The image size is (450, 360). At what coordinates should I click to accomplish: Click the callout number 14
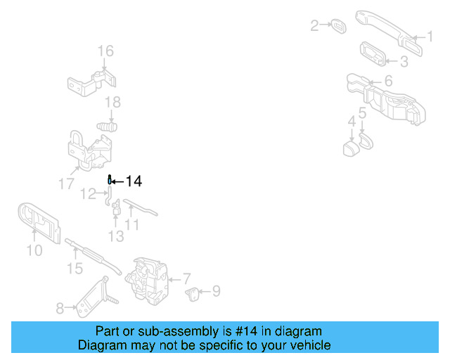(x=134, y=181)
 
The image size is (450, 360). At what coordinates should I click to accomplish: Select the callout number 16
(x=105, y=51)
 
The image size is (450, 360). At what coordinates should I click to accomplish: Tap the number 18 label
(x=112, y=103)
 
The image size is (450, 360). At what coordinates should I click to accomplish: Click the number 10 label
(x=34, y=250)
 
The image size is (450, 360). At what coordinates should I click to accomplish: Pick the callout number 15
(x=75, y=268)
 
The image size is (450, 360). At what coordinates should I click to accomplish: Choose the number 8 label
(x=60, y=307)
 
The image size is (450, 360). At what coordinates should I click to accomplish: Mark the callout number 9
(x=216, y=290)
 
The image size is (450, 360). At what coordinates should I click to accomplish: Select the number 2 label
(x=314, y=26)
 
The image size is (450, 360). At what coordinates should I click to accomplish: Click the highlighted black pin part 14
(x=110, y=180)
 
